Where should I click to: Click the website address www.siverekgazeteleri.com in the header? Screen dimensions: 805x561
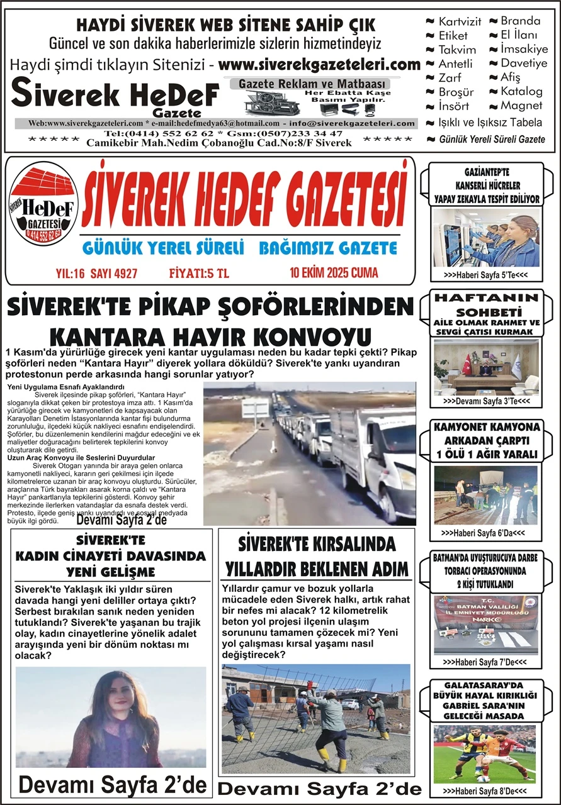(x=320, y=65)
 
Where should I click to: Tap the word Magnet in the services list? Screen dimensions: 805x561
(x=521, y=106)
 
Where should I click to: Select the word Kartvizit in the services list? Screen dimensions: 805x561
(x=460, y=21)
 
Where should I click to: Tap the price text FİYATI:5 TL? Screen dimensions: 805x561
(x=201, y=273)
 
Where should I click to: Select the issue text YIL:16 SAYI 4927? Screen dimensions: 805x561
(x=97, y=273)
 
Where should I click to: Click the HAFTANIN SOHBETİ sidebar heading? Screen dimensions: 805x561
(x=489, y=305)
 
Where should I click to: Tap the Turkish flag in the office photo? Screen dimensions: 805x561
(x=467, y=363)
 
